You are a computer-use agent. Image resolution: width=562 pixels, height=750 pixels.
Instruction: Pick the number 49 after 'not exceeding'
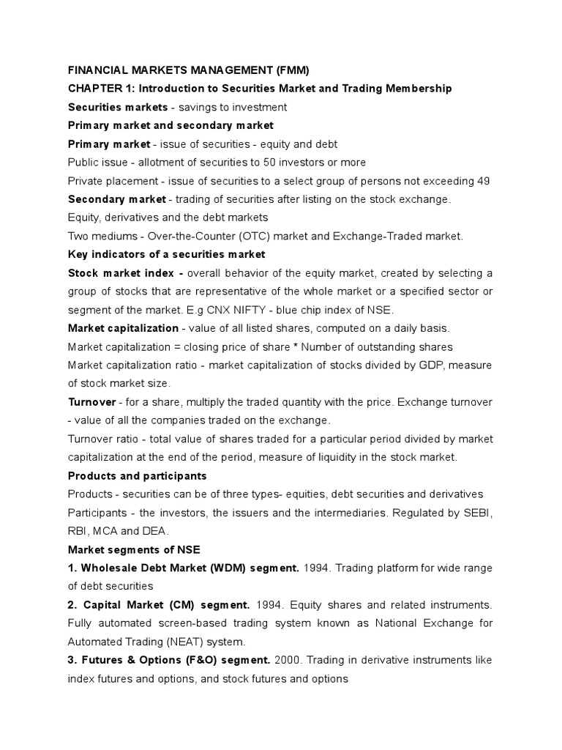[482, 180]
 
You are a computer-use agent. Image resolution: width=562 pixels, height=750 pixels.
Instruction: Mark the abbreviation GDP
[429, 365]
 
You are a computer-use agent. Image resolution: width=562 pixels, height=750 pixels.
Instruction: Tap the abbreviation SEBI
[477, 513]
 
